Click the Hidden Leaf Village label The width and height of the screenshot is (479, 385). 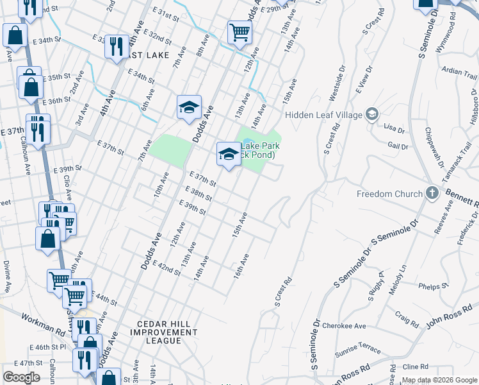tap(323, 115)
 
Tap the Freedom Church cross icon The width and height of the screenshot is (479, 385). tap(432, 193)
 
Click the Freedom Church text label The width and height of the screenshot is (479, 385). tap(390, 194)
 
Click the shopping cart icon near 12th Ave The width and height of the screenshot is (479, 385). tap(239, 31)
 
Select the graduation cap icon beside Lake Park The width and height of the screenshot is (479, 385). tap(228, 153)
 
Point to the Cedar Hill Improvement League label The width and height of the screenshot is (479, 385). tap(164, 332)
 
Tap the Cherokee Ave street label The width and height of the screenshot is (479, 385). tap(344, 326)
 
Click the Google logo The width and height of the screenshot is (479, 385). tap(21, 377)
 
